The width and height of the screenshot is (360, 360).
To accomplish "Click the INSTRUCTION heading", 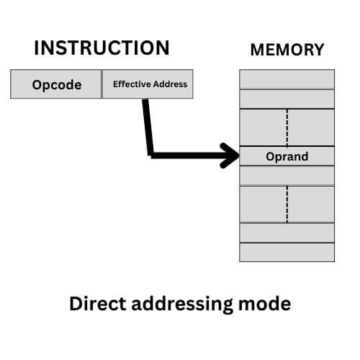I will coord(102,48).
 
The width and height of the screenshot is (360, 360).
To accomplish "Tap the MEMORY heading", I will coord(287,50).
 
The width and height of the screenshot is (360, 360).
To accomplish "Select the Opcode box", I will coord(56,84).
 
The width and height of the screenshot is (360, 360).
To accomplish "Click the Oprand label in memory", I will coord(287,156).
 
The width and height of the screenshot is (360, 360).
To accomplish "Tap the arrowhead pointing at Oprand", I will coord(232,155).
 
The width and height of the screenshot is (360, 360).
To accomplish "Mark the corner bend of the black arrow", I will coord(150,153).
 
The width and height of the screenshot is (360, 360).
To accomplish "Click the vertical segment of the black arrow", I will coord(147,126).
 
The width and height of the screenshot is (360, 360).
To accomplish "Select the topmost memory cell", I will coord(287,78).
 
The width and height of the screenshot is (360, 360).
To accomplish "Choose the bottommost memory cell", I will coord(287,252).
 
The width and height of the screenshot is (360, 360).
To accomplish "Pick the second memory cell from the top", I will coord(287,99).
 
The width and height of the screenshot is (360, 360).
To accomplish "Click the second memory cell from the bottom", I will coord(287,233).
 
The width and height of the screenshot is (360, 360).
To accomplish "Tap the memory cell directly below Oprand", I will coord(287,176).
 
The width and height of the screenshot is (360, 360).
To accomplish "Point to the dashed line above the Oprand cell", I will coord(287,127).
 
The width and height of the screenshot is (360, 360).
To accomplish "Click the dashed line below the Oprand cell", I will coord(287,204).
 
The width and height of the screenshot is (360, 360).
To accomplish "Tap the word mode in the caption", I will coord(265,304).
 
